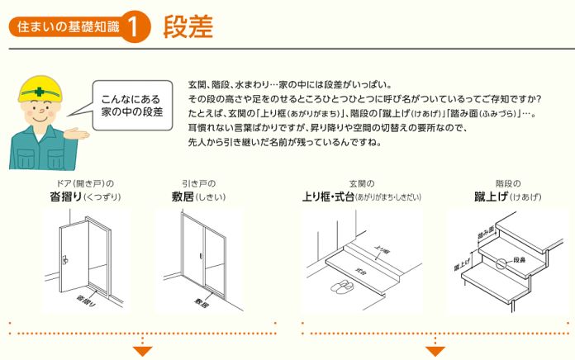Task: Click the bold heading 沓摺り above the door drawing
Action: tap(69, 197)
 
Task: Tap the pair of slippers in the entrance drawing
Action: tap(340, 287)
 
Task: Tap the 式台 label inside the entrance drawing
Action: tap(360, 270)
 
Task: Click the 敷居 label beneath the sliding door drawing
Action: tap(202, 301)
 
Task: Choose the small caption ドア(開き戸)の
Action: tap(83, 182)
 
